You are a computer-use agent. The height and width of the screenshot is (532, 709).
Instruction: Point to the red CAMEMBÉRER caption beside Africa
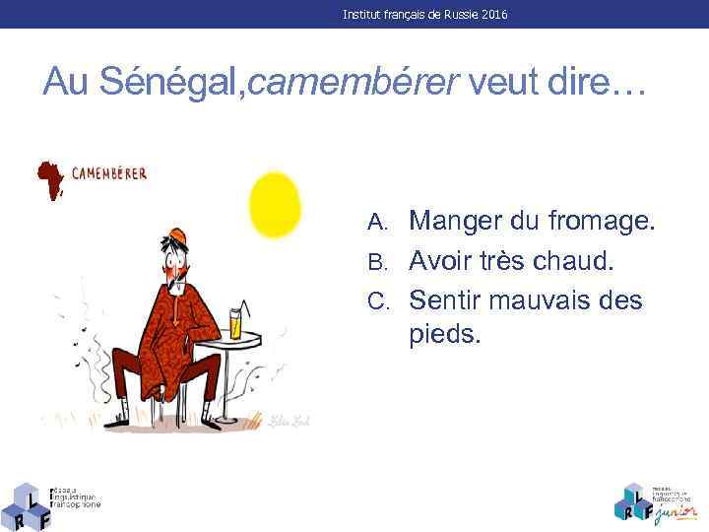[x=108, y=174]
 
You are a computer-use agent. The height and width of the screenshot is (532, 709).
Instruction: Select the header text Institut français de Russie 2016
[x=425, y=15]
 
